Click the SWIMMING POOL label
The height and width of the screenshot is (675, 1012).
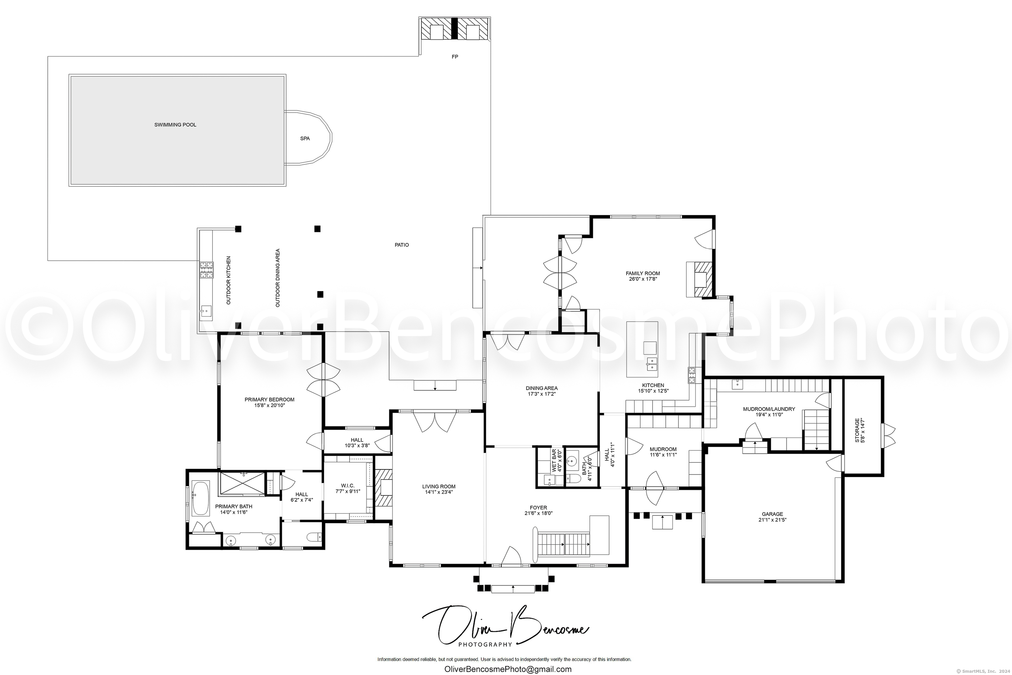tap(175, 125)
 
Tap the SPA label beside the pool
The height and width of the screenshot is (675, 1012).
tap(305, 139)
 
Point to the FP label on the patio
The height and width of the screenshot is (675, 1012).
tap(455, 57)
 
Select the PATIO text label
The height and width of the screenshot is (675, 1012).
tap(402, 245)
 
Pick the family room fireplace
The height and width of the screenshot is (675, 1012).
tap(699, 279)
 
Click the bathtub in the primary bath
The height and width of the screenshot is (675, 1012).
tap(201, 498)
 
